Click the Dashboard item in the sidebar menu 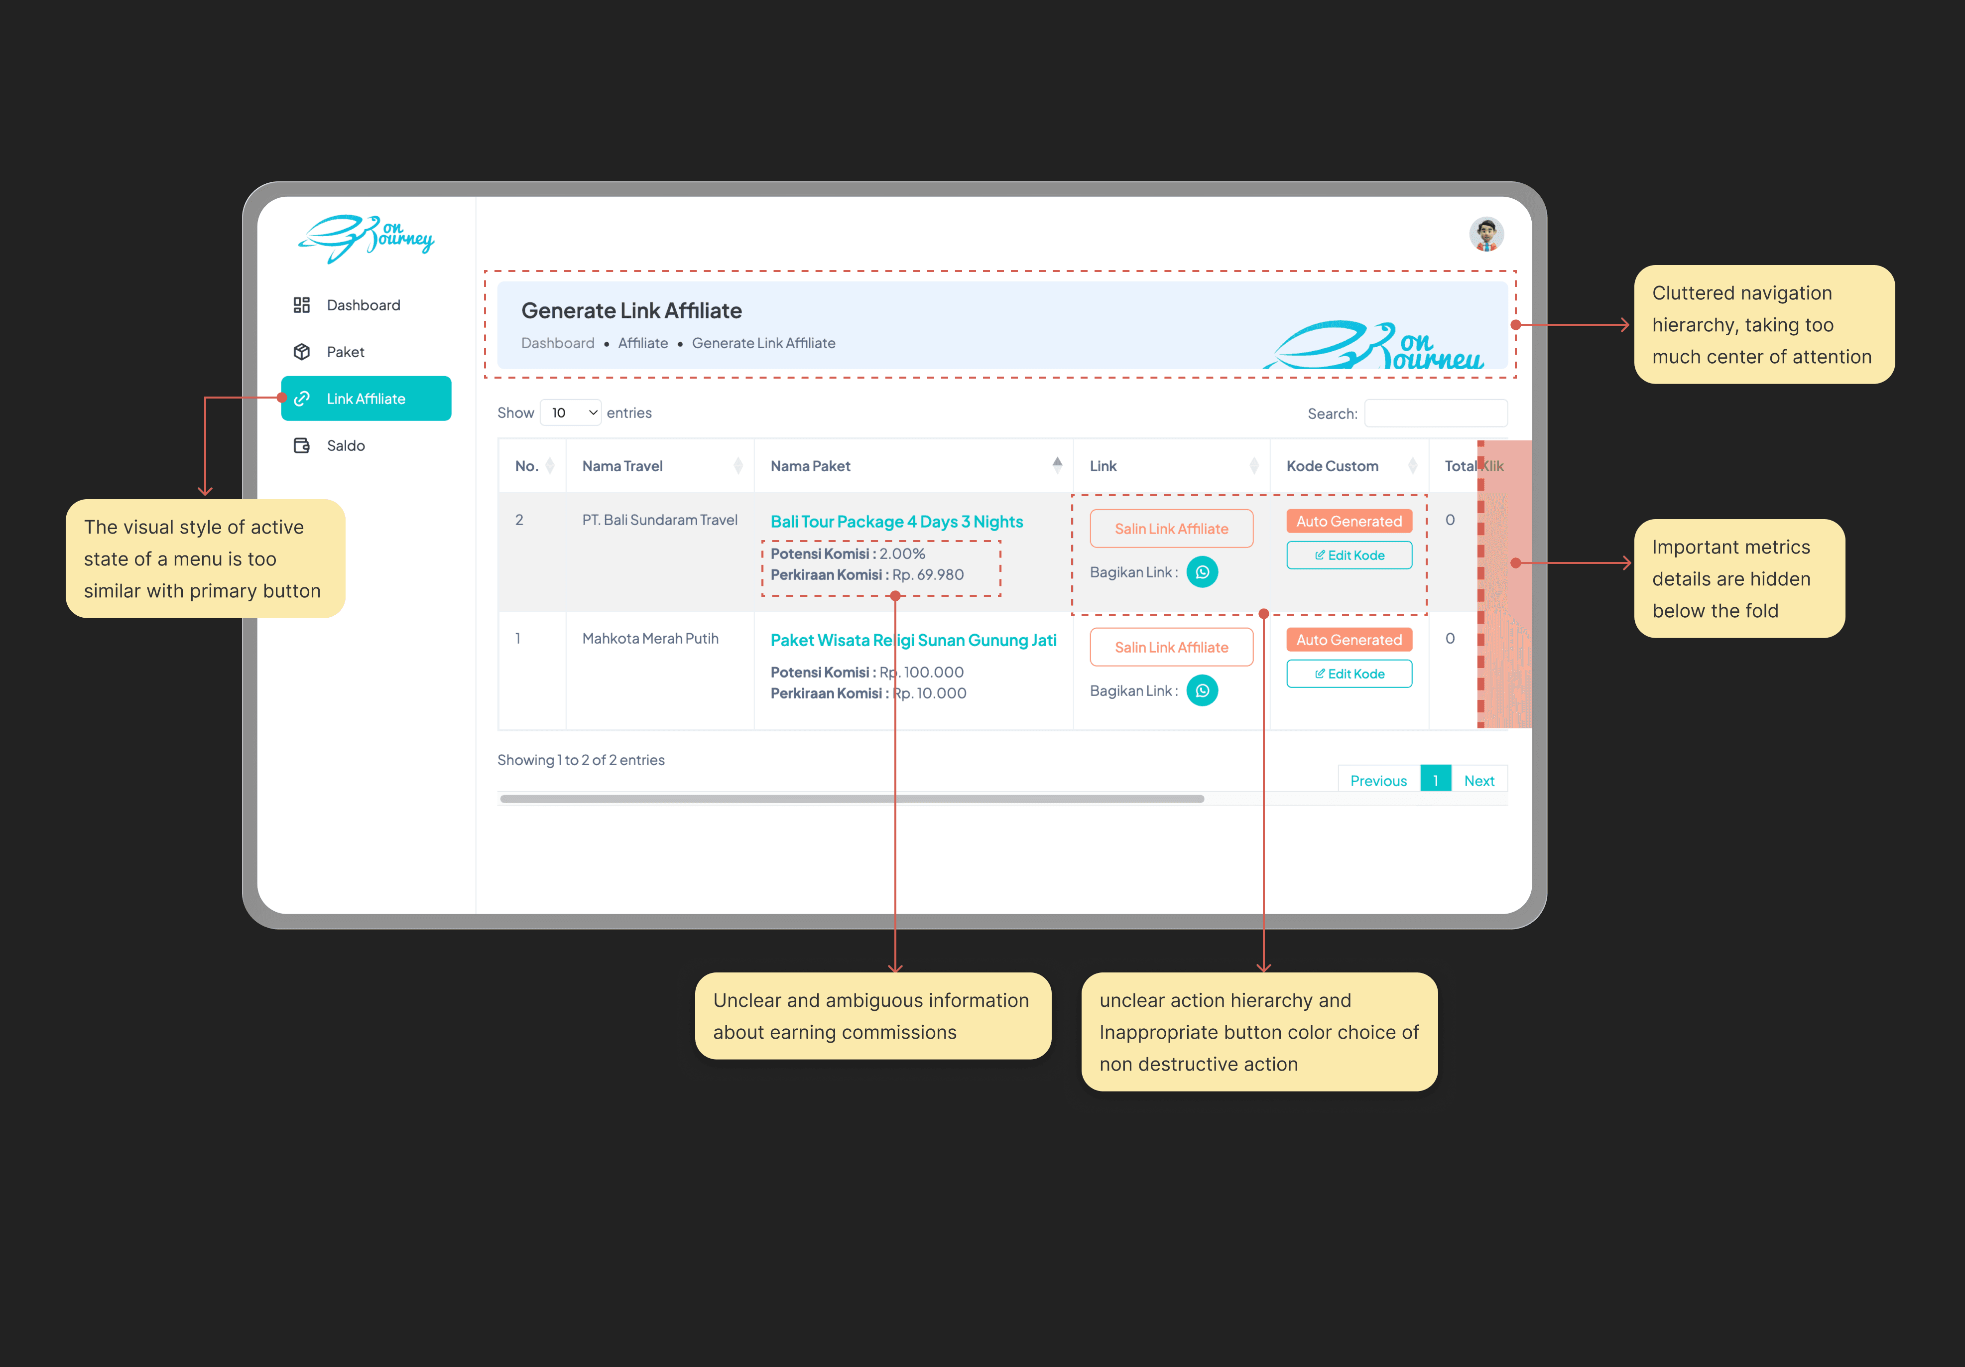pyautogui.click(x=363, y=305)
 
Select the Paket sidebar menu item pyautogui.click(x=345, y=352)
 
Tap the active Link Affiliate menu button pyautogui.click(x=367, y=399)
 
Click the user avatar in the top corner pyautogui.click(x=1486, y=234)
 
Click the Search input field pyautogui.click(x=1435, y=413)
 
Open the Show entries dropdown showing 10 pyautogui.click(x=571, y=412)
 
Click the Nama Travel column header pyautogui.click(x=622, y=466)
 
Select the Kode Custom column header pyautogui.click(x=1332, y=466)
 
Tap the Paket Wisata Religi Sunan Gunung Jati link pyautogui.click(x=913, y=640)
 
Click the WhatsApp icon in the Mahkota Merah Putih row pyautogui.click(x=1202, y=691)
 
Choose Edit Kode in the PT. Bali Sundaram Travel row pyautogui.click(x=1349, y=555)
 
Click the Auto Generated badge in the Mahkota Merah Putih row pyautogui.click(x=1349, y=640)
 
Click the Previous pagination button pyautogui.click(x=1378, y=781)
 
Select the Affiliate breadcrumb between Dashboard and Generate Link pyautogui.click(x=643, y=343)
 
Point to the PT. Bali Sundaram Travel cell pyautogui.click(x=659, y=521)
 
